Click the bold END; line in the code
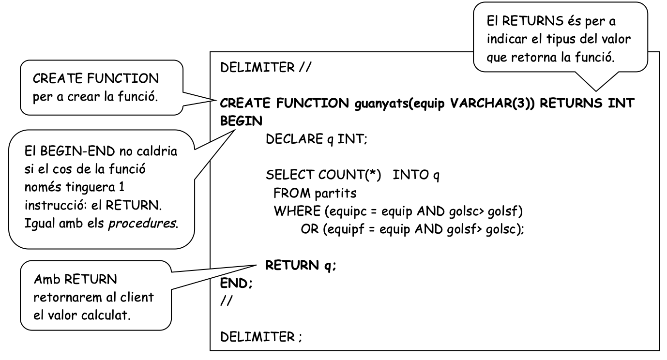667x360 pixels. coord(236,284)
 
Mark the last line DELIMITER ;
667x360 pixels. coord(261,336)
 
